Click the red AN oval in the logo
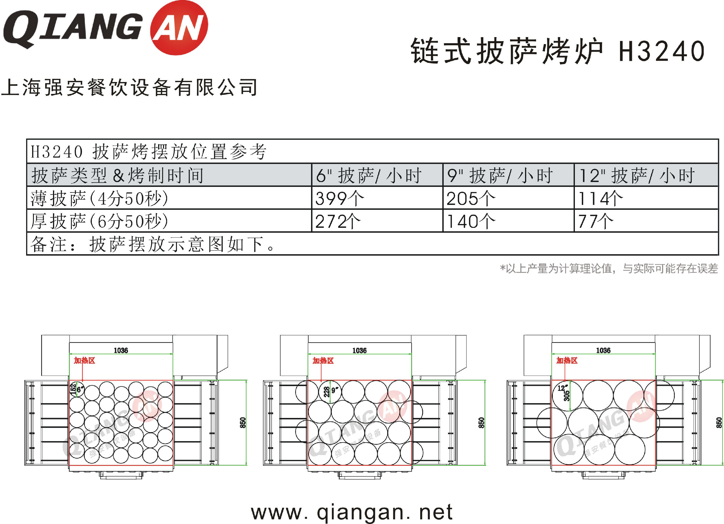pos(179,28)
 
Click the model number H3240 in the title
pos(662,51)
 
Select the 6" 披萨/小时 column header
pos(369,175)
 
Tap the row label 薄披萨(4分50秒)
pos(99,199)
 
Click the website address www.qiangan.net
pos(352,512)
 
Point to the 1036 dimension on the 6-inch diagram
pos(121,350)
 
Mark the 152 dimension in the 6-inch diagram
pos(73,390)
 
